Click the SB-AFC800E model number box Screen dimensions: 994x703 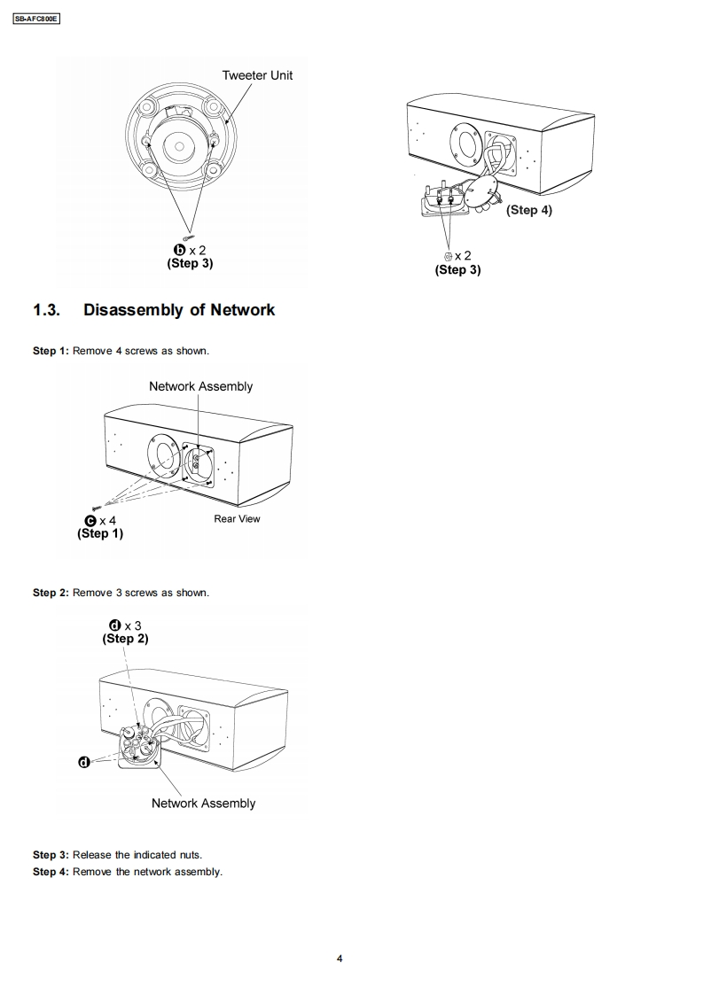(x=37, y=19)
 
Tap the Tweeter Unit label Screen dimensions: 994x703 (x=257, y=75)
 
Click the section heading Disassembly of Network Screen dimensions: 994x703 (x=179, y=310)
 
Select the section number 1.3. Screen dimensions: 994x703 (x=46, y=310)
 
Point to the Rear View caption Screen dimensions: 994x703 (x=237, y=519)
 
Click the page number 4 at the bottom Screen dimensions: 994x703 (x=340, y=958)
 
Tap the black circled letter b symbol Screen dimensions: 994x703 (x=177, y=251)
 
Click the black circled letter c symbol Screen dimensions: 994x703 (x=90, y=520)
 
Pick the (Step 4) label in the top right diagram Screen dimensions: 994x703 (x=528, y=210)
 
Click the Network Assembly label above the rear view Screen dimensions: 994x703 (x=200, y=386)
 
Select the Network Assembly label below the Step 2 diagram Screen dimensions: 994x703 (x=203, y=804)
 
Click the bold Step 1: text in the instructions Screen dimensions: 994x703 (x=51, y=351)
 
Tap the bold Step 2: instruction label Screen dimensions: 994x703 (x=51, y=592)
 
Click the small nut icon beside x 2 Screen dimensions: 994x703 (x=448, y=256)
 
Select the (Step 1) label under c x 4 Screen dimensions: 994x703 (x=100, y=533)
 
